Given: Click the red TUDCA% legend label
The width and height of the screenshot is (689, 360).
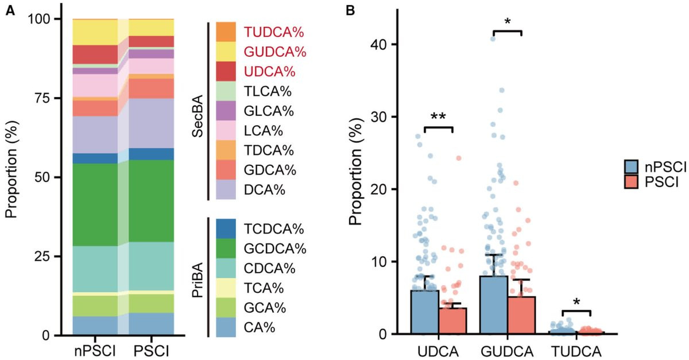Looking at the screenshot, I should coord(274,32).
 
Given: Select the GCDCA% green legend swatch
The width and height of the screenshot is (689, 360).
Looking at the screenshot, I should coord(226,249).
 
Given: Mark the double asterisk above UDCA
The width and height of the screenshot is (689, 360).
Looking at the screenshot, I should coord(439,117).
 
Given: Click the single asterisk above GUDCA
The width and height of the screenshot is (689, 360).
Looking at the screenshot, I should coord(507,22).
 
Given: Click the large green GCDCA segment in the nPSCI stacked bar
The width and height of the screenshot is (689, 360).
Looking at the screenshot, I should coord(95,204).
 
